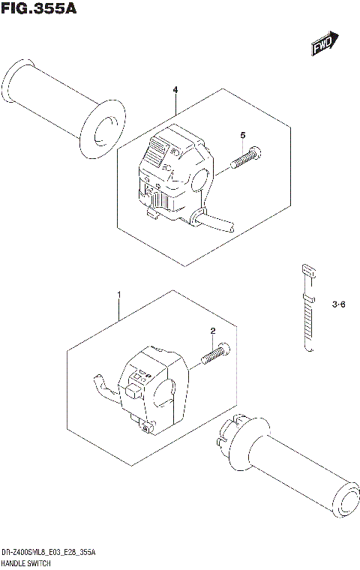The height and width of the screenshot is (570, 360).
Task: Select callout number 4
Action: pyautogui.click(x=175, y=91)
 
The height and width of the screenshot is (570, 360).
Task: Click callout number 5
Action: pyautogui.click(x=242, y=135)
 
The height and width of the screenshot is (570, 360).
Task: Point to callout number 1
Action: pyautogui.click(x=118, y=294)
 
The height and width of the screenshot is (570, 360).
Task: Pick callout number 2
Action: pyautogui.click(x=212, y=331)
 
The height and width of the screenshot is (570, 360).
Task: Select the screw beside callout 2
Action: pyautogui.click(x=214, y=354)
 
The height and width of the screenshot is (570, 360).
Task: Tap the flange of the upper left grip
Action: pyautogui.click(x=100, y=130)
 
